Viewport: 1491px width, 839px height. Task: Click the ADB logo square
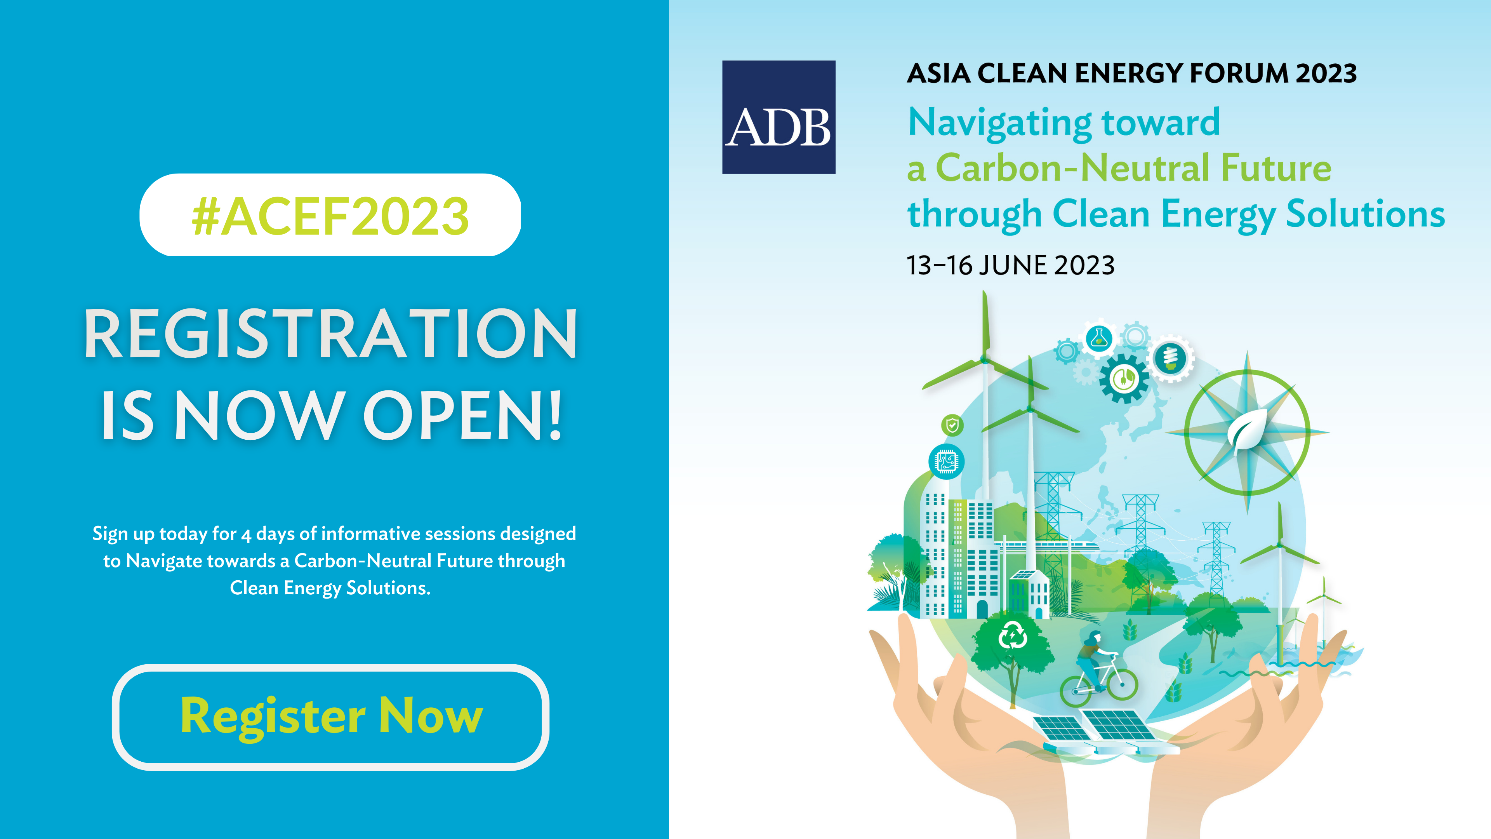[779, 117]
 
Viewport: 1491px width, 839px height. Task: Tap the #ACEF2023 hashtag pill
[330, 215]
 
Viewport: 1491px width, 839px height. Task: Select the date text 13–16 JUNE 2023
[1010, 265]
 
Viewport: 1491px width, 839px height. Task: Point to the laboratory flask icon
[1098, 338]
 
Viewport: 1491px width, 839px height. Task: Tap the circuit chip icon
[946, 461]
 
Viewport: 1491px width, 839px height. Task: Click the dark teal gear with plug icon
[1123, 379]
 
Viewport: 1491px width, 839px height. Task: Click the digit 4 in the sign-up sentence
[246, 535]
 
